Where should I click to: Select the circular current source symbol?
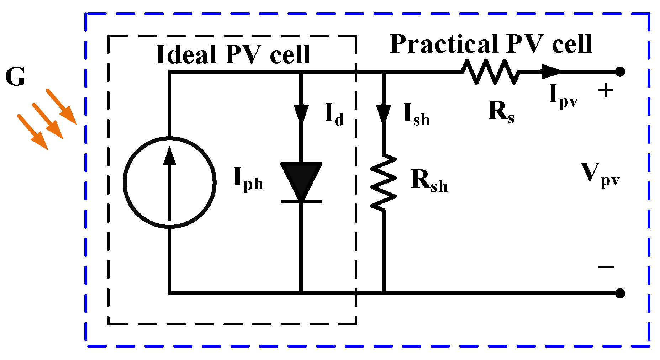click(x=170, y=182)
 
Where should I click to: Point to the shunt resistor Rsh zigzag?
click(x=384, y=182)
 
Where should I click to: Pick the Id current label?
click(x=334, y=114)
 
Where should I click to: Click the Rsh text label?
click(x=429, y=181)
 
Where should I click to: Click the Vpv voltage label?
click(x=600, y=174)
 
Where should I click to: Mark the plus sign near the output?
click(x=606, y=90)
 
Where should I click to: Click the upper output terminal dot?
click(x=620, y=72)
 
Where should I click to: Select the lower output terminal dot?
click(x=620, y=293)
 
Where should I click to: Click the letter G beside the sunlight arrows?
click(x=16, y=77)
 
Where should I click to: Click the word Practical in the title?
click(x=444, y=44)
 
